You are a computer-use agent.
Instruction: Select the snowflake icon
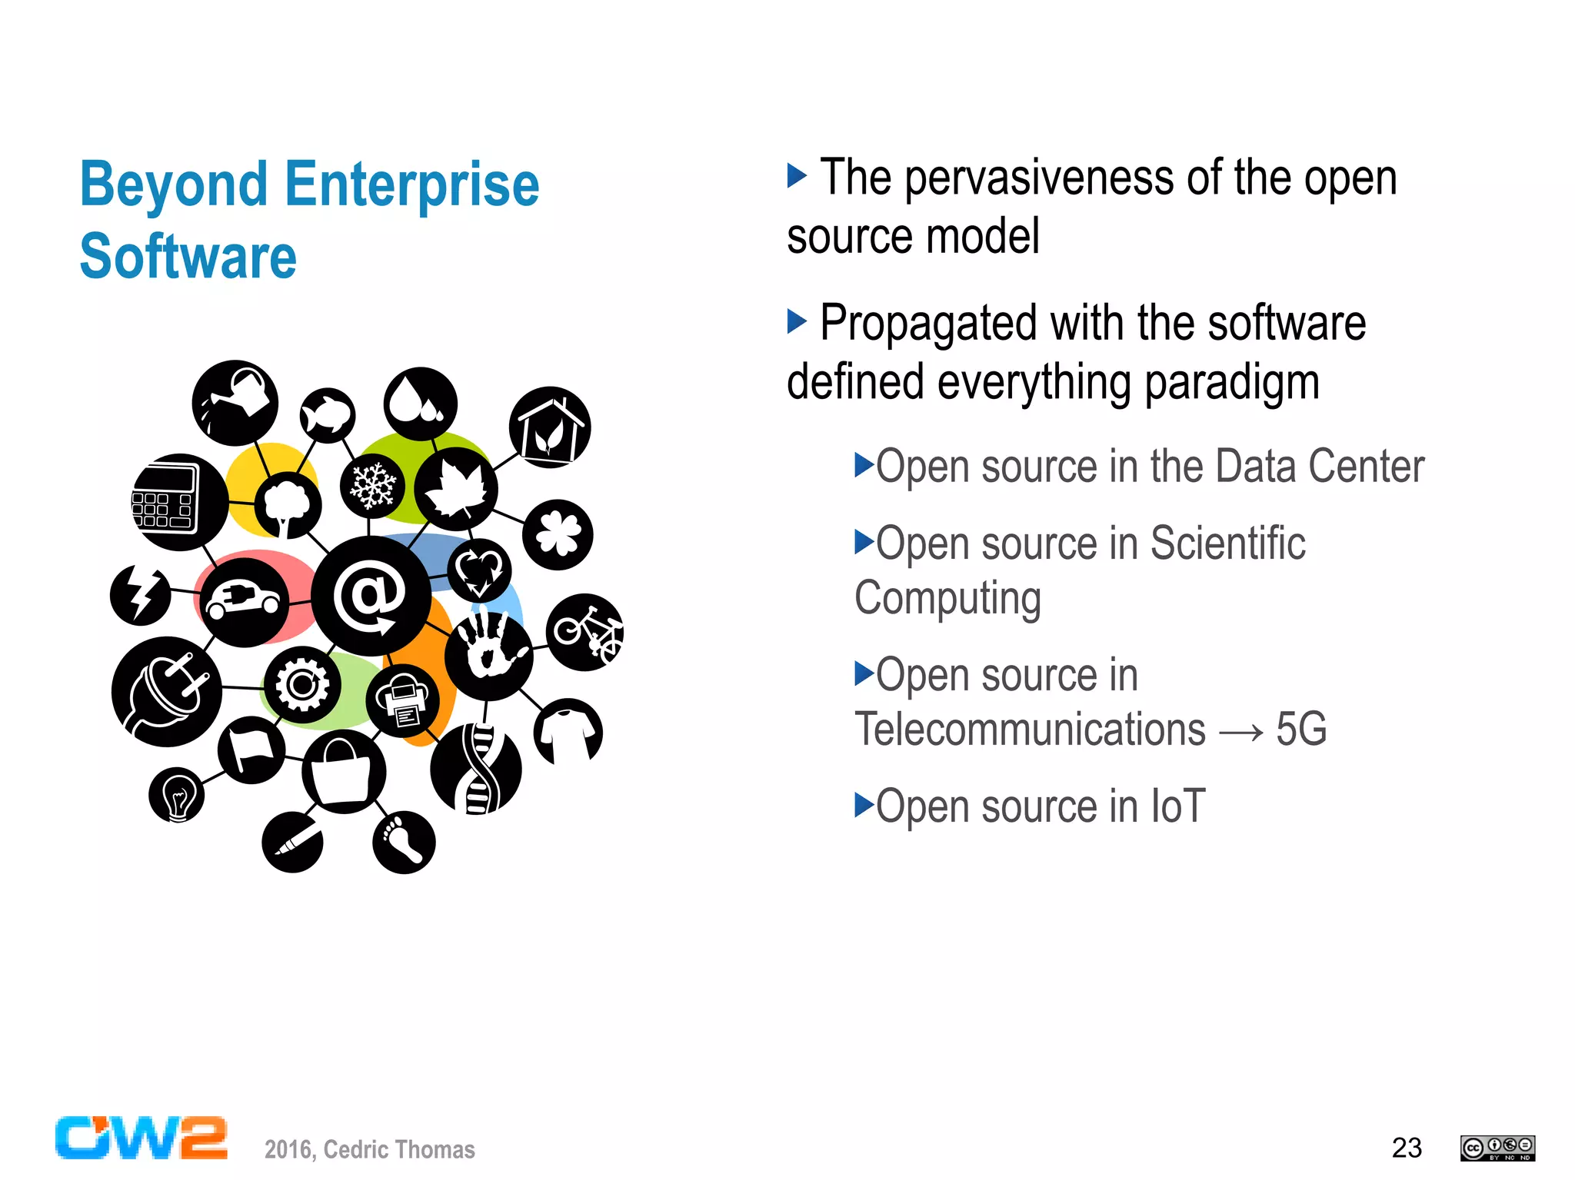pos(373,486)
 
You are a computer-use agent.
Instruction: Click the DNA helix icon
pos(477,769)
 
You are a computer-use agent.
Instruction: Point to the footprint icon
pos(404,842)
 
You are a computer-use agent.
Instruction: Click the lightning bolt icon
pos(140,594)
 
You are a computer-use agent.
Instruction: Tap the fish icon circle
pos(328,415)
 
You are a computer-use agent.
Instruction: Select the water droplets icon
pos(421,404)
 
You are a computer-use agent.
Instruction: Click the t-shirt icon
pos(568,733)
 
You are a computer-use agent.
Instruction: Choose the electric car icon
pos(245,602)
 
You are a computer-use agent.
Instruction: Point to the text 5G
pos(1301,729)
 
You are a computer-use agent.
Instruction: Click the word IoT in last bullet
pos(1177,806)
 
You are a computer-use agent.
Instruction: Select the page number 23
pos(1407,1148)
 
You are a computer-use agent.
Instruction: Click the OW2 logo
pos(142,1138)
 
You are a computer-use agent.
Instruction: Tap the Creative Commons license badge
pos(1497,1148)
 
